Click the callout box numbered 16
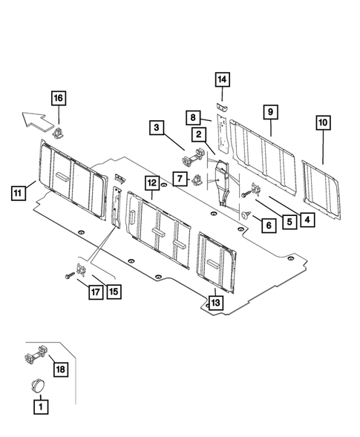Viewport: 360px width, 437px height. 57,97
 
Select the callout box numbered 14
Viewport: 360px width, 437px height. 223,79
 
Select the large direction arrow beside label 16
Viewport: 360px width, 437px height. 36,116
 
